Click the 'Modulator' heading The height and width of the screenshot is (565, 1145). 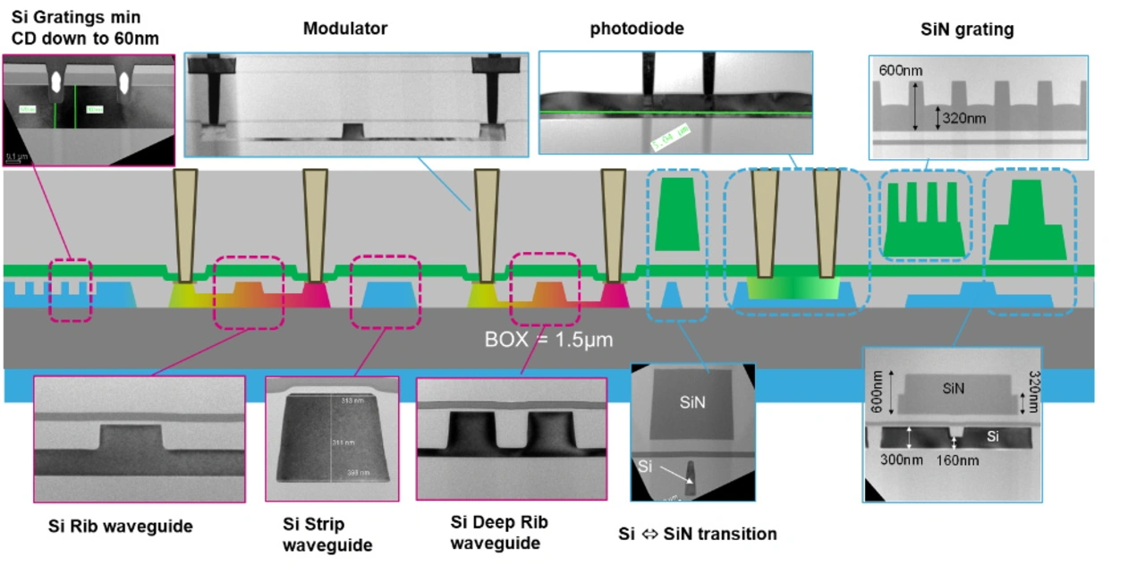(344, 29)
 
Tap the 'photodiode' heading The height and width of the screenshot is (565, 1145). (636, 29)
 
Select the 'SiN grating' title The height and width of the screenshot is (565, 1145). (967, 30)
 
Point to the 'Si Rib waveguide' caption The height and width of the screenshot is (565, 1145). (120, 526)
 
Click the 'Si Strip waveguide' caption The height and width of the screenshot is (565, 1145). (326, 534)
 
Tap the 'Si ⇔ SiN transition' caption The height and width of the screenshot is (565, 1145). (698, 535)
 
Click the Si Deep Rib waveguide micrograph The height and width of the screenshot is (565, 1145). (511, 438)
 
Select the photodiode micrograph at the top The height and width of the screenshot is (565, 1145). (675, 102)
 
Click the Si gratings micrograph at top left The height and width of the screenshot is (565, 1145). (89, 109)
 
